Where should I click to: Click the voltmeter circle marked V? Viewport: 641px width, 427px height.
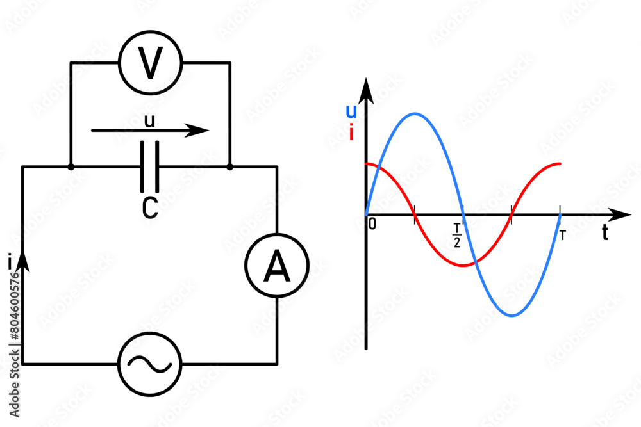pos(151,63)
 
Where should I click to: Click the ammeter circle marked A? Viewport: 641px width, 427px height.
pos(277,267)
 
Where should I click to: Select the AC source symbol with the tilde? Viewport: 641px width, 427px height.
pos(149,364)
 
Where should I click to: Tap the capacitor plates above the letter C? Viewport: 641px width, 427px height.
pos(149,167)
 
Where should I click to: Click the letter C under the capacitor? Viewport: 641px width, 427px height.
pos(149,209)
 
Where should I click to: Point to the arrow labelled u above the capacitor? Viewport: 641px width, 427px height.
pos(150,131)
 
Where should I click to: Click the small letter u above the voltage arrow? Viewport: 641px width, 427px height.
pos(149,120)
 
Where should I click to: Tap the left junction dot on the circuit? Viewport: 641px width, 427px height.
pos(71,167)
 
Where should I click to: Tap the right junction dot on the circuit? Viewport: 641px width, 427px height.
pos(229,167)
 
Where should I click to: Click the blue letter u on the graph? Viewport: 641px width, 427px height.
pos(351,111)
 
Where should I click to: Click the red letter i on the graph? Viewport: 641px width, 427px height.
pos(351,133)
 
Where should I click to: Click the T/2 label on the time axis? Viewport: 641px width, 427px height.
pos(457,234)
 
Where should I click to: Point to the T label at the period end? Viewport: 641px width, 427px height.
pos(562,235)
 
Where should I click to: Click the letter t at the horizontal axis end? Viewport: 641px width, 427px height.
pos(605,234)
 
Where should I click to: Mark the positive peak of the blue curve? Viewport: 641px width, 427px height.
pos(415,114)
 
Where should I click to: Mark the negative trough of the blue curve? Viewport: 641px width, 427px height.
pos(512,316)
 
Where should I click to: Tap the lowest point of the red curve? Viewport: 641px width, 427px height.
pos(463,265)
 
